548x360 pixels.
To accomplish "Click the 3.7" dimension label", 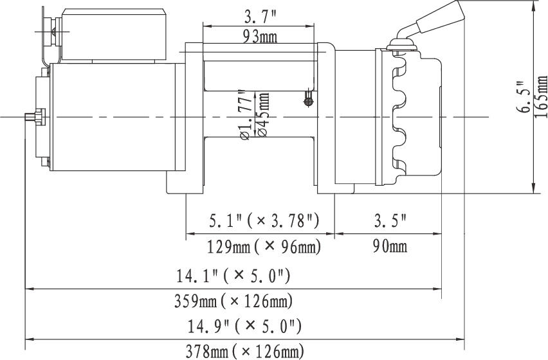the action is tap(259, 17).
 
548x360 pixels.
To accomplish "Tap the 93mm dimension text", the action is tap(260, 36).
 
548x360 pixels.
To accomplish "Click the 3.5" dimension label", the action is tap(390, 221).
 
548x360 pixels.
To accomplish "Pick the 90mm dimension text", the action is tap(390, 246).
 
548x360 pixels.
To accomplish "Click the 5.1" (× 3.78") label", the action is tap(264, 221).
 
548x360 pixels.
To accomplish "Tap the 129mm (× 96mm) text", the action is tap(264, 248).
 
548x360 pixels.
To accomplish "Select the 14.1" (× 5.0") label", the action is tap(233, 276).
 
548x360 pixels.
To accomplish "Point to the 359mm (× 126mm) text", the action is tap(233, 301).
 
